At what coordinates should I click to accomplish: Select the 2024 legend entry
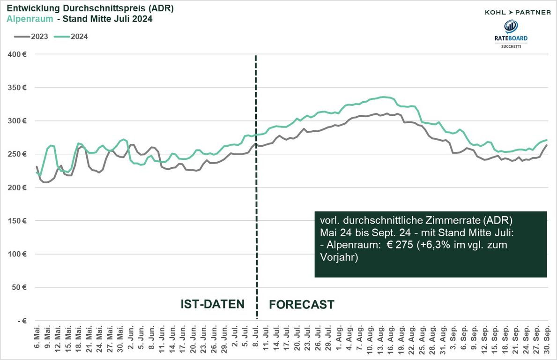(71, 36)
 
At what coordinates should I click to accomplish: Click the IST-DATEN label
(213, 304)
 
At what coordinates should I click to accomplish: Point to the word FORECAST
(302, 305)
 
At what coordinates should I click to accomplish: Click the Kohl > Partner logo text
(518, 12)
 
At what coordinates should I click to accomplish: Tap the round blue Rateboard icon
(511, 27)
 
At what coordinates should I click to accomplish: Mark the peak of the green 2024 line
(384, 97)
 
